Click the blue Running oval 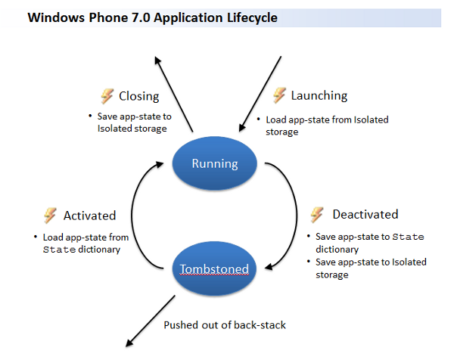(215, 163)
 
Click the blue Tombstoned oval (214, 268)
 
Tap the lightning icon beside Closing (107, 95)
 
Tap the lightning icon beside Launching (278, 95)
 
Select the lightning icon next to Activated (50, 215)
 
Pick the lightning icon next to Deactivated (318, 214)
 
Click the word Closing (138, 96)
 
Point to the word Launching (319, 95)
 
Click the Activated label (89, 216)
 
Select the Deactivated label (365, 215)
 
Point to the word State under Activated (59, 250)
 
